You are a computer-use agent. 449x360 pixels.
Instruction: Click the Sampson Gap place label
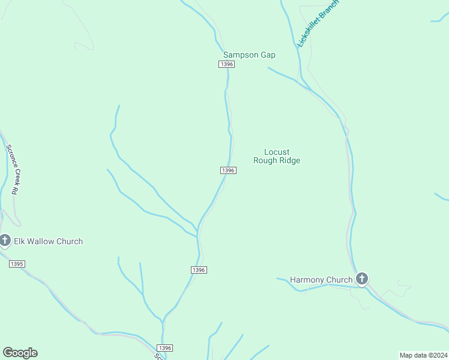[x=249, y=55]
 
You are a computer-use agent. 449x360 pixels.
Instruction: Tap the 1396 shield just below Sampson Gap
[x=226, y=64]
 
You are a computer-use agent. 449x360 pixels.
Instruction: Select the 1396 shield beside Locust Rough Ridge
[x=228, y=170]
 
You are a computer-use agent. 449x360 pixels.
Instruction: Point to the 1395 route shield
[x=17, y=264]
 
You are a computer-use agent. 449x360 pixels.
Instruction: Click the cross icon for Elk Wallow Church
[x=5, y=241]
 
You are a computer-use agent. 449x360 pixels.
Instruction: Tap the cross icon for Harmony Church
[x=361, y=279]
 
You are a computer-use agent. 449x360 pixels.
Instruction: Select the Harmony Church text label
[x=321, y=280]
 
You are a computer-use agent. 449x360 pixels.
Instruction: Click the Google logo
[x=20, y=353]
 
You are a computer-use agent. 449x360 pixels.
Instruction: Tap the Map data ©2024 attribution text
[x=423, y=355]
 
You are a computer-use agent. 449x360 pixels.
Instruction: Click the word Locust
[x=277, y=152]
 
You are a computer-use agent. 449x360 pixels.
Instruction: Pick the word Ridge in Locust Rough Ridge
[x=289, y=161]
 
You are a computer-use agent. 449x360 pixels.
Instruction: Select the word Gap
[x=268, y=55]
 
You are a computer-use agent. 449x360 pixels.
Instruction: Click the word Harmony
[x=309, y=280]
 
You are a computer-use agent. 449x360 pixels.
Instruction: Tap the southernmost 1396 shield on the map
[x=165, y=348]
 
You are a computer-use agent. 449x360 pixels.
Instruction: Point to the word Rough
[x=265, y=161]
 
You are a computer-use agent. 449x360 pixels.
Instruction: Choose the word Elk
[x=20, y=241]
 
